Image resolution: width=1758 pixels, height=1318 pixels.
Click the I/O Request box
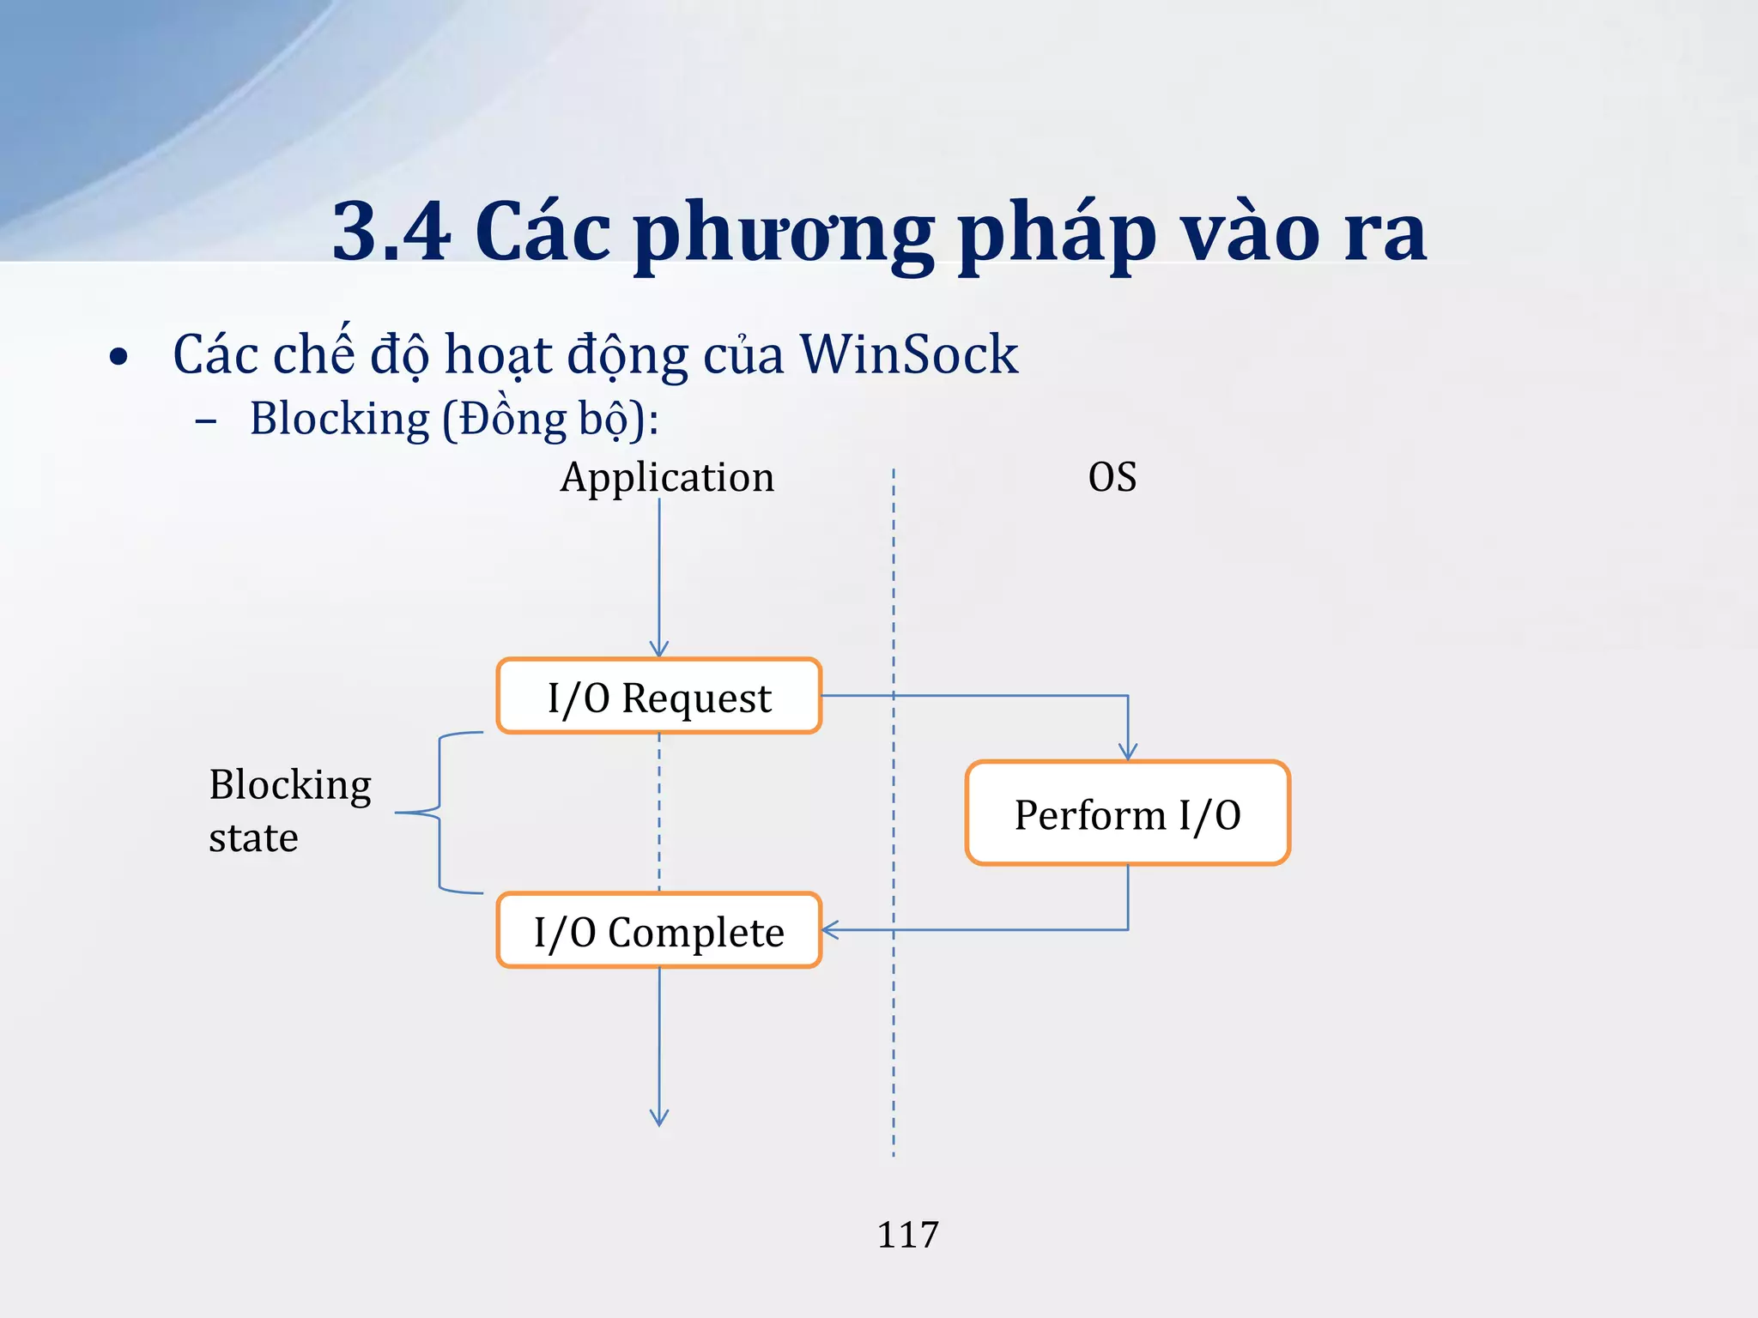(658, 697)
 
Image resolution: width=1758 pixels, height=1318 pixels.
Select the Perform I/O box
(1127, 813)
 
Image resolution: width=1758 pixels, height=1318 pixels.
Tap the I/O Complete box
(658, 931)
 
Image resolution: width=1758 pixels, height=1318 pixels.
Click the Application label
(666, 477)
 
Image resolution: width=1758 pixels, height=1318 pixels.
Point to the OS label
(1112, 477)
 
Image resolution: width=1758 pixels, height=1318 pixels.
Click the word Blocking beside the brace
(290, 785)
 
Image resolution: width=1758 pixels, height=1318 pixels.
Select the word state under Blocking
(253, 838)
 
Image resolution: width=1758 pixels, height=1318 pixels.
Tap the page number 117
(907, 1235)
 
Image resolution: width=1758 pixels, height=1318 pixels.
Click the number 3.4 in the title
(391, 232)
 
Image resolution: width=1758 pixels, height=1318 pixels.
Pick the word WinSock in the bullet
(908, 354)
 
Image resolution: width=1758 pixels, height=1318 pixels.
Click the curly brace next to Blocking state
(439, 813)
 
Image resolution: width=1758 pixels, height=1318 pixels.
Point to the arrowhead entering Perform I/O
(1127, 753)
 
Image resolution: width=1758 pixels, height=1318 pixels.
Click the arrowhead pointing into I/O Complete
(830, 929)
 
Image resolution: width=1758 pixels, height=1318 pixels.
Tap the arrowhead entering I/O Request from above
(658, 650)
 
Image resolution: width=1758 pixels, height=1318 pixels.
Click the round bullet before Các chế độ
(118, 357)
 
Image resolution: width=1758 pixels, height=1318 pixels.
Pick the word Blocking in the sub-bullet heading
(339, 420)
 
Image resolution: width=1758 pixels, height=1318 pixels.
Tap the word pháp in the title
(1057, 233)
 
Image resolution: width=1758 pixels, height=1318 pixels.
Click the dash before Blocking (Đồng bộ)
(206, 421)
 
